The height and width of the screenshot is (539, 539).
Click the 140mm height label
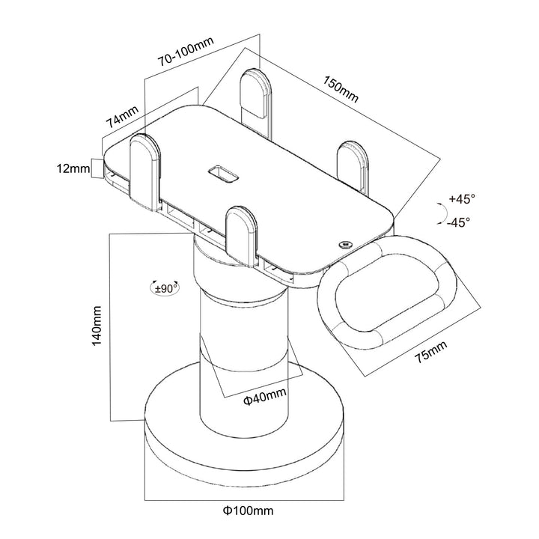(97, 327)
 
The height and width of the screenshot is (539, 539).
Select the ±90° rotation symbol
(165, 287)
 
